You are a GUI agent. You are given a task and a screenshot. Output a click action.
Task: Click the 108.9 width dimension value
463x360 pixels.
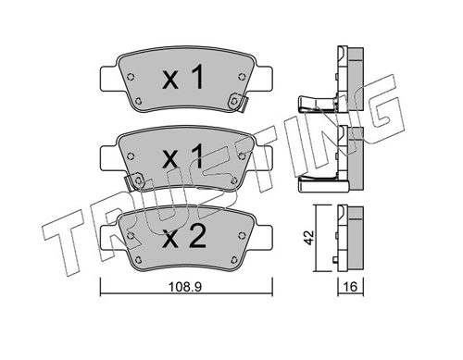(x=185, y=288)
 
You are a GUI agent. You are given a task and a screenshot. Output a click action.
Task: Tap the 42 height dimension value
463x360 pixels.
(x=309, y=238)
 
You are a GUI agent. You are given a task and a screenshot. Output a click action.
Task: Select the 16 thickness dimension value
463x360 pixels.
(x=350, y=287)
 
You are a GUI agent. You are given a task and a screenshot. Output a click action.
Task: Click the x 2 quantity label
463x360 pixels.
(x=184, y=238)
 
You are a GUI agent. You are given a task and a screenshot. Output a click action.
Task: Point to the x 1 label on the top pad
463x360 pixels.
(x=182, y=78)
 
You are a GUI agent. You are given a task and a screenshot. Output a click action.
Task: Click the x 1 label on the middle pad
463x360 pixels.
(x=182, y=157)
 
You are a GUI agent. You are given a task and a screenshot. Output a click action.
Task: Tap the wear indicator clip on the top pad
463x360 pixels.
(x=238, y=102)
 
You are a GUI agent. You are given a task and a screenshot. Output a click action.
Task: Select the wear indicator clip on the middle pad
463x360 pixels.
(x=133, y=181)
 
